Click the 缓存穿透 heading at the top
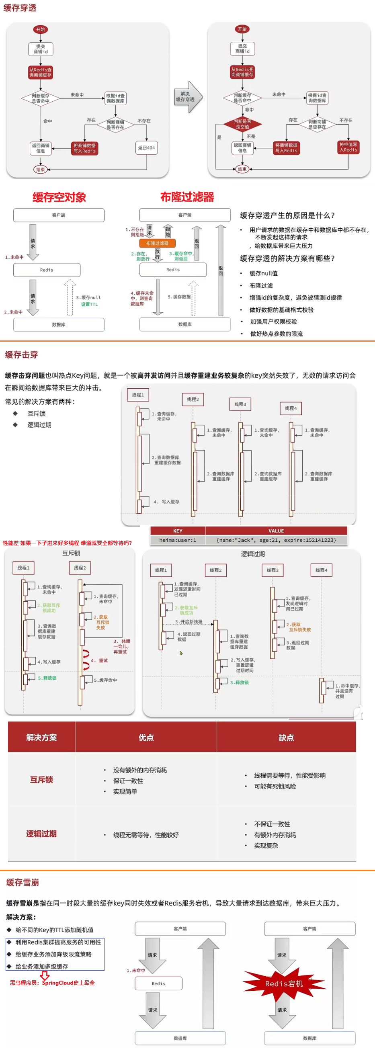tap(20, 8)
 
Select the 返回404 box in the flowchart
tap(146, 148)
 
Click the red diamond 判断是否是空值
tap(242, 124)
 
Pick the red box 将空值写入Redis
tap(348, 147)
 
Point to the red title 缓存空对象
tap(59, 197)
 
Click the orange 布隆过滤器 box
tap(158, 243)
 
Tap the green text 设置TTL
tap(89, 304)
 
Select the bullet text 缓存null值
tap(264, 273)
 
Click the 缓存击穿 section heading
tap(21, 354)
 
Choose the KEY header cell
tap(178, 531)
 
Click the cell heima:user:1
tap(178, 540)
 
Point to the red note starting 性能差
tap(68, 543)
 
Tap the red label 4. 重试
tap(99, 661)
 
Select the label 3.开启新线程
tap(189, 622)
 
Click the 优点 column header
tap(146, 737)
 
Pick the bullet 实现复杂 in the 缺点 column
tap(266, 846)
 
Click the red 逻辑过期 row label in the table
tap(41, 834)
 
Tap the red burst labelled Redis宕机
tap(284, 984)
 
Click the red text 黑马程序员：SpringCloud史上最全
tap(52, 983)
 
